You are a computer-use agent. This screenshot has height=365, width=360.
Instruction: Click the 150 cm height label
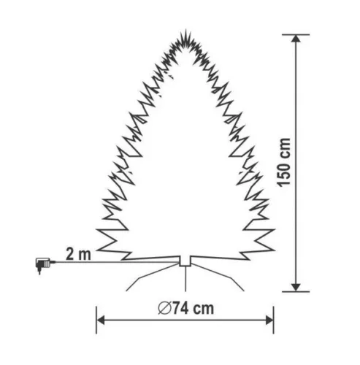tap(284, 163)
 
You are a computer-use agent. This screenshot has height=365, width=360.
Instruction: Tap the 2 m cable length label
tap(78, 254)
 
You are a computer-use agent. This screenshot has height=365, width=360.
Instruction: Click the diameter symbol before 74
tap(165, 309)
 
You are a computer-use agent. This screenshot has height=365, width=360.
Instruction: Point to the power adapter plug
tap(43, 265)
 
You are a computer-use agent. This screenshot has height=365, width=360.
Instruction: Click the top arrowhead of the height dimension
tap(296, 39)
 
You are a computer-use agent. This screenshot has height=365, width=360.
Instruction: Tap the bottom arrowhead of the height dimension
tap(296, 287)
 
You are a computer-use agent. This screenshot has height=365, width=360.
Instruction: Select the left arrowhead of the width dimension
tap(101, 320)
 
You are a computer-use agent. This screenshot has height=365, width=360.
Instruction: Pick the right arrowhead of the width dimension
tap(269, 320)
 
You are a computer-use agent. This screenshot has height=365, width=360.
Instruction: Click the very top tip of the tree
tap(186, 30)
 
